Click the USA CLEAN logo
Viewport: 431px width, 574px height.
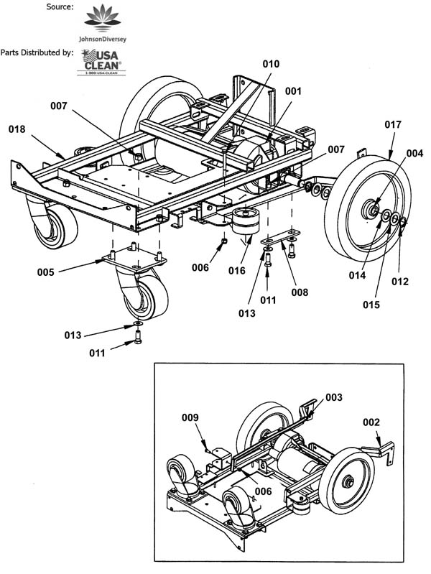tap(101, 63)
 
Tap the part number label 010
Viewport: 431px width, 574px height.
tap(271, 64)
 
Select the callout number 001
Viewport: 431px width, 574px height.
tap(293, 91)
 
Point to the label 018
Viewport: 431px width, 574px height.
tap(17, 129)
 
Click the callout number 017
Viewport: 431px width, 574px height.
tap(393, 125)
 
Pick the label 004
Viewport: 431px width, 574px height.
tap(414, 154)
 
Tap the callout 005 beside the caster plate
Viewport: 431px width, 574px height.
tap(45, 272)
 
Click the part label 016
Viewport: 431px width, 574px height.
tap(236, 271)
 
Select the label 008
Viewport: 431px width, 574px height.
tap(300, 292)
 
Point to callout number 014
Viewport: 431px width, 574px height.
tap(357, 275)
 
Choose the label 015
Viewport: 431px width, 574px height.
tap(371, 305)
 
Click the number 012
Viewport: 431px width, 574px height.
tap(400, 282)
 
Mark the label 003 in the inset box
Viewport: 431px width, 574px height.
tap(333, 397)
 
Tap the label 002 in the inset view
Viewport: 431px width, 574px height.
tap(371, 422)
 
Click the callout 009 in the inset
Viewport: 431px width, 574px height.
tap(190, 417)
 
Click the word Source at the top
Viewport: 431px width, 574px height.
tap(60, 6)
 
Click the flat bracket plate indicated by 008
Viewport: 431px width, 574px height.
tap(281, 237)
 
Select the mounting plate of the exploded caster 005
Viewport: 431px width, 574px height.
tap(134, 259)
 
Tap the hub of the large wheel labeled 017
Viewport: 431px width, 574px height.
tap(371, 209)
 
